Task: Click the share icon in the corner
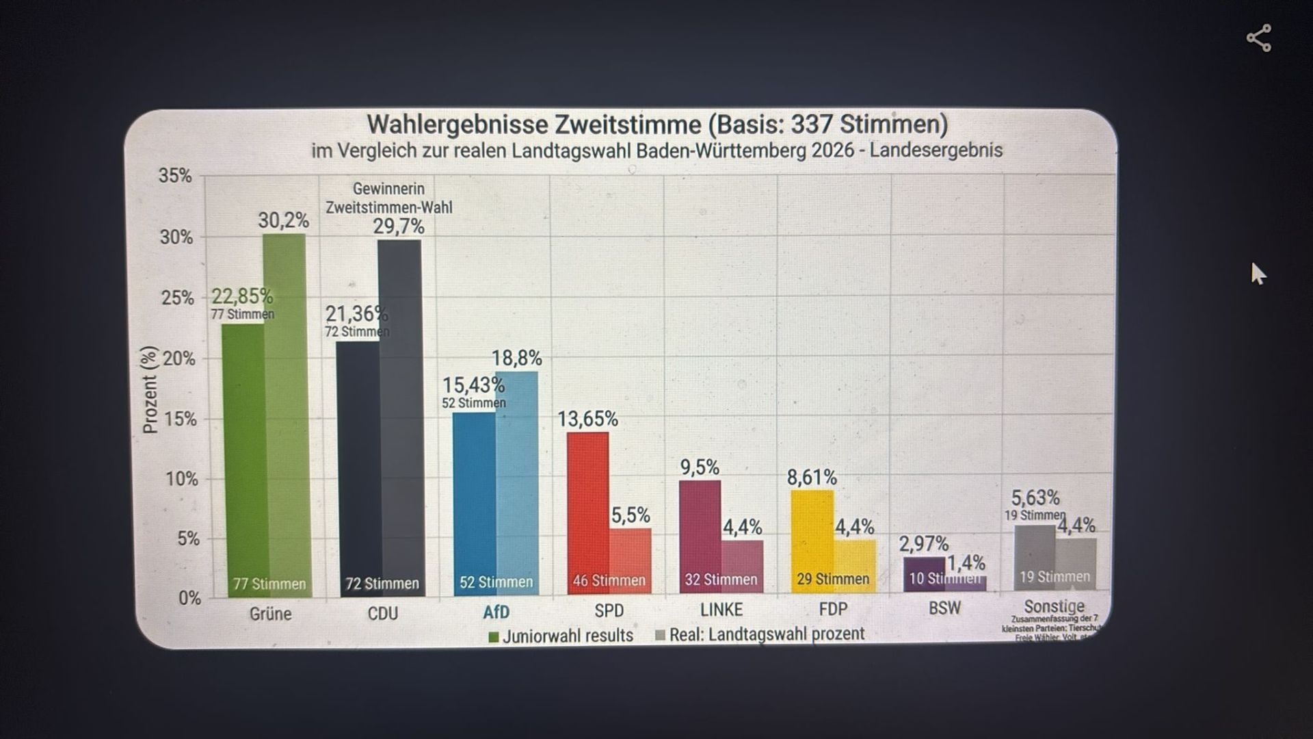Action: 1258,38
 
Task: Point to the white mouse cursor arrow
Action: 1258,273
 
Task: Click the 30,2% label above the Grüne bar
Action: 283,220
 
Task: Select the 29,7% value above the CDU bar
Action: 399,226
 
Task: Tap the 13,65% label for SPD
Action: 587,419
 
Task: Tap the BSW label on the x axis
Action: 944,608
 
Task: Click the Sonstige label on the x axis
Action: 1054,606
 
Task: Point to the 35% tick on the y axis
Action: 176,176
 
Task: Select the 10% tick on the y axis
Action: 181,478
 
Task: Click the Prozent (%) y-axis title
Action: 150,389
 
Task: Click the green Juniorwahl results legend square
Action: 494,637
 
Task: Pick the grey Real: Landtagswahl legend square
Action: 660,635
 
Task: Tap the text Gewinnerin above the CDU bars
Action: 388,188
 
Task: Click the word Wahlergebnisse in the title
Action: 457,125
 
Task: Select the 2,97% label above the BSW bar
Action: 923,544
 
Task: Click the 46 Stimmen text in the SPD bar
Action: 609,580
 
